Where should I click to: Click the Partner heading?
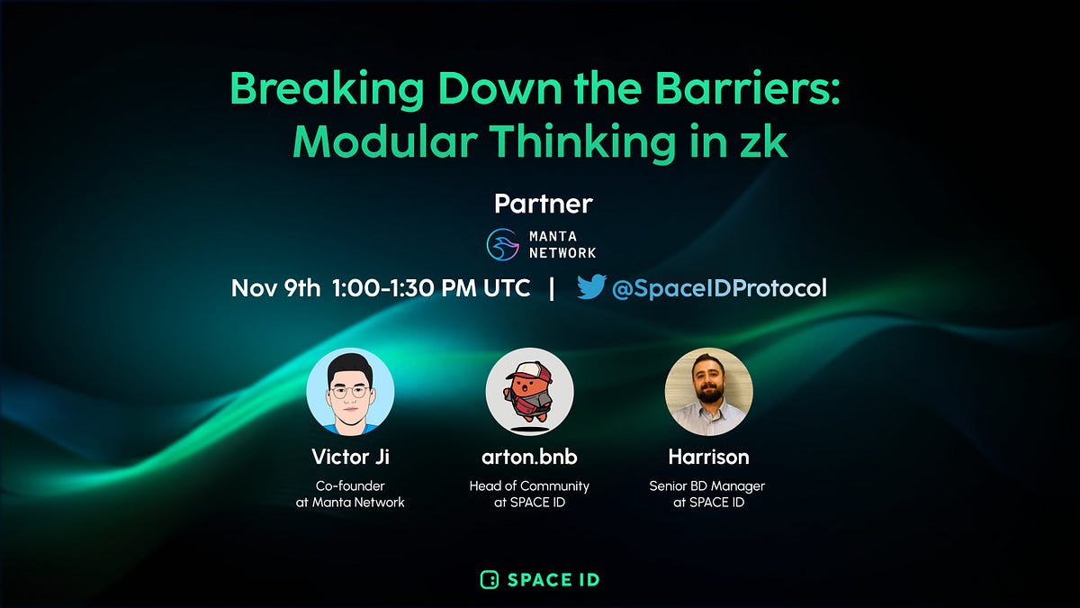[543, 204]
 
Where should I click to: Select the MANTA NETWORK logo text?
[562, 244]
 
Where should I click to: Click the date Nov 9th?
[275, 288]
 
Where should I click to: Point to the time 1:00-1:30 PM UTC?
[430, 288]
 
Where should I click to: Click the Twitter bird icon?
[591, 287]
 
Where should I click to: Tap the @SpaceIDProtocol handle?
[718, 288]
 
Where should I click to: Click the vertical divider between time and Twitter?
[552, 288]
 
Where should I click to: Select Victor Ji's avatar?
[350, 392]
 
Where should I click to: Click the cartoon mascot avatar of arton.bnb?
[529, 392]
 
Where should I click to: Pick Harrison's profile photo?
[708, 392]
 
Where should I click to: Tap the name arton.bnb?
[529, 457]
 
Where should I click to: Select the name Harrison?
[708, 457]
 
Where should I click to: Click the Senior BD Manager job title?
[707, 486]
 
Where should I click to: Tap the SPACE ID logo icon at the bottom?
[489, 579]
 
